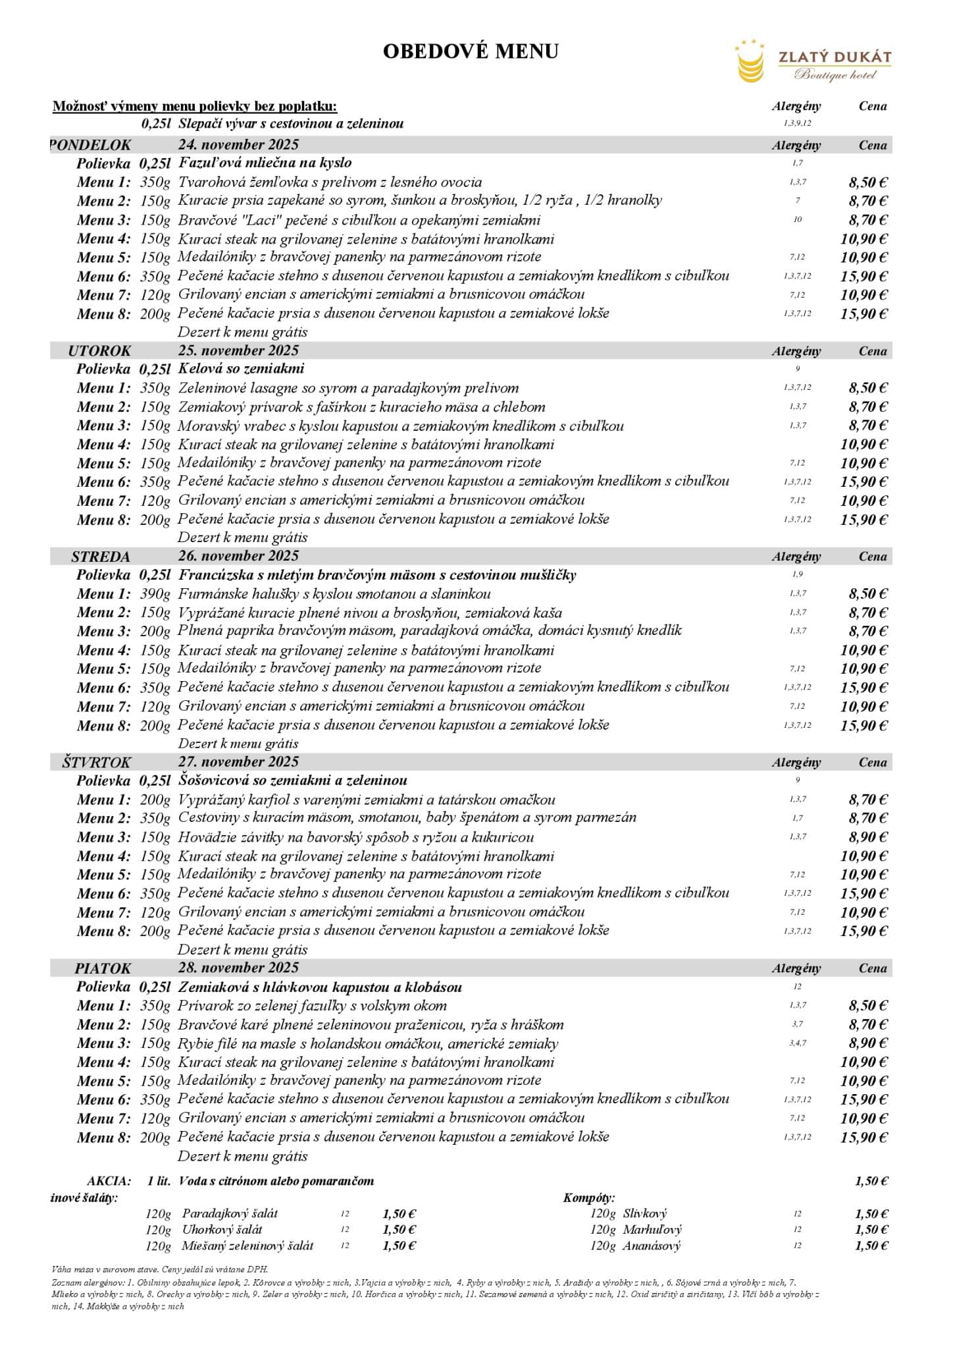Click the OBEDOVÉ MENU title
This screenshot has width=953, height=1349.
pyautogui.click(x=471, y=51)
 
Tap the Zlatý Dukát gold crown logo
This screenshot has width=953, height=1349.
pyautogui.click(x=751, y=61)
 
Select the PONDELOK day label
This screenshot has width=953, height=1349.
pyautogui.click(x=91, y=145)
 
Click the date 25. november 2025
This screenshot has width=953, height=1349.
pyautogui.click(x=238, y=350)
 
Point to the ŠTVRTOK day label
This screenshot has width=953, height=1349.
pyautogui.click(x=97, y=762)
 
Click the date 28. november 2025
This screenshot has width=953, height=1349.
pyautogui.click(x=238, y=968)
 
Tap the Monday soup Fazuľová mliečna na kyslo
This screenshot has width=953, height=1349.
pyautogui.click(x=265, y=163)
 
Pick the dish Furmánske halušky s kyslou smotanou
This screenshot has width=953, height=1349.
pyautogui.click(x=334, y=594)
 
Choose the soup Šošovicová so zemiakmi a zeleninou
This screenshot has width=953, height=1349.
pyautogui.click(x=293, y=781)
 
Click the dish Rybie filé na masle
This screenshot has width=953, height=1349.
pyautogui.click(x=368, y=1044)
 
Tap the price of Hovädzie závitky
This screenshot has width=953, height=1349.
pyautogui.click(x=867, y=837)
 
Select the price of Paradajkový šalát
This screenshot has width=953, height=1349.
pyautogui.click(x=399, y=1214)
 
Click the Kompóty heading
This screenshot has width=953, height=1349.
pyautogui.click(x=589, y=1198)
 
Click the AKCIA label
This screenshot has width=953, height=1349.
pyautogui.click(x=109, y=1181)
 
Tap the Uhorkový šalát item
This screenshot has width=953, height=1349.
pyautogui.click(x=222, y=1230)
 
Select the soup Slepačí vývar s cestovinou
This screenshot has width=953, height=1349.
pyautogui.click(x=291, y=124)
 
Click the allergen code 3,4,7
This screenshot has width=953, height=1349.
pyautogui.click(x=797, y=1043)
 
